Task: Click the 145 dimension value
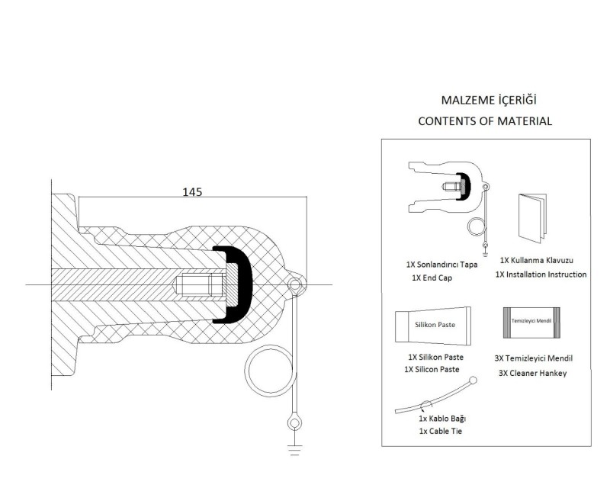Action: (x=192, y=192)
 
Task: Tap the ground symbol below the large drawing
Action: (x=295, y=450)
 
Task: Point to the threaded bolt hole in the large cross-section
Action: (x=199, y=284)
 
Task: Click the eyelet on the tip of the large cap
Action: (x=295, y=285)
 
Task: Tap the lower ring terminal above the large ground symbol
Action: (x=294, y=422)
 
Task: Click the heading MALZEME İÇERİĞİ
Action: (x=489, y=100)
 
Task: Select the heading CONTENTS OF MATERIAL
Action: (x=485, y=121)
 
